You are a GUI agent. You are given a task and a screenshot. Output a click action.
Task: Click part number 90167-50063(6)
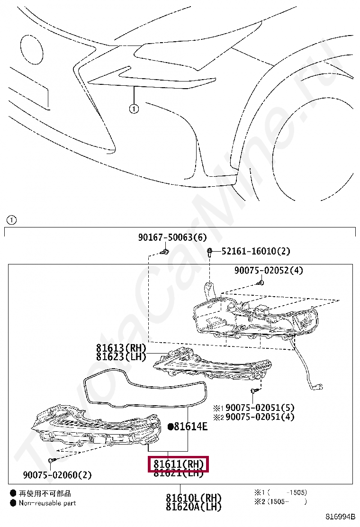172,237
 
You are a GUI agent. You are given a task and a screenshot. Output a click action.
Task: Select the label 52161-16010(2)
256,251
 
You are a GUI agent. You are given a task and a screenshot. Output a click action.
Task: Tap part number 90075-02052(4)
269,271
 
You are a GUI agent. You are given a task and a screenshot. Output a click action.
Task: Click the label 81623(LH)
121,357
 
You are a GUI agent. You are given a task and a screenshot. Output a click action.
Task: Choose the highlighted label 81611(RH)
179,464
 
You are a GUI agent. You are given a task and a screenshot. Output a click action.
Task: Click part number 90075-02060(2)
57,475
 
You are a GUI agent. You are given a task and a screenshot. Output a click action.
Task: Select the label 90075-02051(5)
260,408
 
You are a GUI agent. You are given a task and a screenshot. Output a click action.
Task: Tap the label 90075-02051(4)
260,417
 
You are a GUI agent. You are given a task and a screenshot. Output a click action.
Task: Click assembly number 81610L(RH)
193,498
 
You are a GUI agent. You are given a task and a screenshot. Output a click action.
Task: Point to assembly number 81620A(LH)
193,507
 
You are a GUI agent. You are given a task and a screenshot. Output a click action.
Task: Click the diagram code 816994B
340,517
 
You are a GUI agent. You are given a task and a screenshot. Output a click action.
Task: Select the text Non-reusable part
47,503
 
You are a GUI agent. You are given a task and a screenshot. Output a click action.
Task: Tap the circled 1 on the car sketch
134,109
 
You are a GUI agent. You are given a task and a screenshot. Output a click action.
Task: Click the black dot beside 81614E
171,427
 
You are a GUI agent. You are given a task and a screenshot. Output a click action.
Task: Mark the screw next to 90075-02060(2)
52,460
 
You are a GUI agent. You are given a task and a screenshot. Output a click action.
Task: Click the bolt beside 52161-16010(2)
209,252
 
